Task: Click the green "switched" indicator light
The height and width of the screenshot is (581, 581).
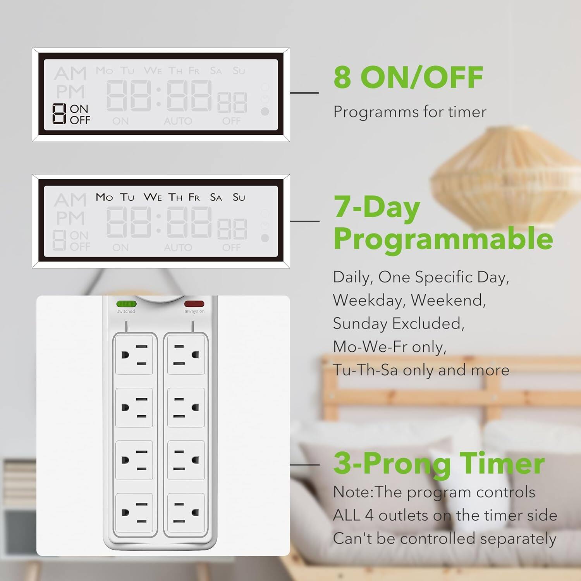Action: [x=126, y=304]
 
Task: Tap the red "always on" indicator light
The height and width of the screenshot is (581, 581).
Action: [x=194, y=304]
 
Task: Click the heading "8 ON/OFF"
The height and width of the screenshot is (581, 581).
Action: [x=408, y=77]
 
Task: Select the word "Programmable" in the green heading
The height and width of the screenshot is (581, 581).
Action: [x=443, y=239]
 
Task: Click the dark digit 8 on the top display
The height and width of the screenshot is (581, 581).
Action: [x=59, y=114]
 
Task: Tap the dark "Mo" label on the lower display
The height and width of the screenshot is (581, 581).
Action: [x=104, y=197]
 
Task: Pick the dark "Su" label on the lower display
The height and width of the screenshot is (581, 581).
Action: [x=239, y=198]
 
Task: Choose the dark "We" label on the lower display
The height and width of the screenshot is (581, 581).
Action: [x=153, y=197]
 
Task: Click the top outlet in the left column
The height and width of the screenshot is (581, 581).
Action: [x=134, y=355]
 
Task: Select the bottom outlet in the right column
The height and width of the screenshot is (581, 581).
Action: [x=186, y=513]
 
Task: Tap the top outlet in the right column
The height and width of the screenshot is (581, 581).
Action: [x=186, y=355]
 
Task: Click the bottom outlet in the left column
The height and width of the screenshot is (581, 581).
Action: [x=134, y=513]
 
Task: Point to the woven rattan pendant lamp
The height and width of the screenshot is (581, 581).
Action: [x=504, y=178]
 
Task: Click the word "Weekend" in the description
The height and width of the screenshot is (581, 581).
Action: [x=448, y=300]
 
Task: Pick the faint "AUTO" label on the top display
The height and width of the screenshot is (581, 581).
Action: [x=178, y=121]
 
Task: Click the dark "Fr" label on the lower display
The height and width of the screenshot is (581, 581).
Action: [x=194, y=198]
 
